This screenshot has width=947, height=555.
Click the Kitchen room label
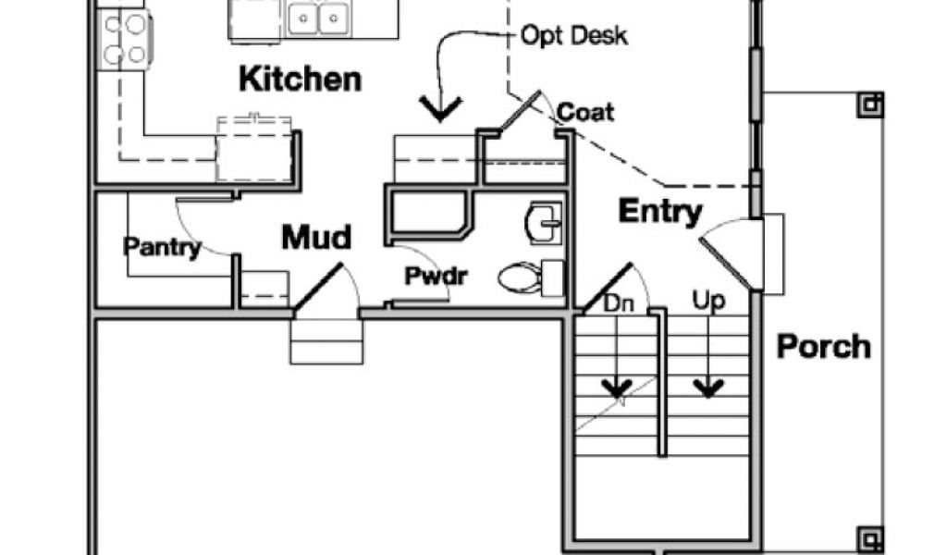coord(300,80)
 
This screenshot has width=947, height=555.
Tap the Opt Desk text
coord(574,36)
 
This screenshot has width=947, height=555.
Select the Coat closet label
coord(584,112)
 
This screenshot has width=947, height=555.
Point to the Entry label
coord(659,212)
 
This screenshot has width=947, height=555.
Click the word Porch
coord(823,347)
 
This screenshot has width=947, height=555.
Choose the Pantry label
coord(163,247)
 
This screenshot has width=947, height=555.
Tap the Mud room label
coord(316,238)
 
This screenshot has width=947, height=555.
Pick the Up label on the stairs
coord(708,302)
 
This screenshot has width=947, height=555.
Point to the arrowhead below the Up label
coord(708,388)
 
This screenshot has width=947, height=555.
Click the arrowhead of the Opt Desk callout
coord(441,110)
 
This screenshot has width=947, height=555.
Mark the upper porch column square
coord(869,105)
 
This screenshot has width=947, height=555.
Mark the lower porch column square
coord(869,536)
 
